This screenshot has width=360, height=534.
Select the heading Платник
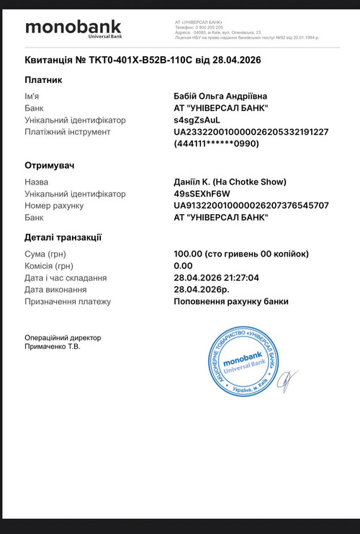tap(43, 79)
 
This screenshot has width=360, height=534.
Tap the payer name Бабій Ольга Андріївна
tap(225, 97)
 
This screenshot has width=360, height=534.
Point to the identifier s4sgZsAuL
tap(197, 120)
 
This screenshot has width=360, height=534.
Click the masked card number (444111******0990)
tap(216, 143)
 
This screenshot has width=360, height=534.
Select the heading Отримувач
tap(50, 165)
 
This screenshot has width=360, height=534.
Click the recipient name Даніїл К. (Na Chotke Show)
tap(230, 182)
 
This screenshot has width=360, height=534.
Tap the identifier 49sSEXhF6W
tap(202, 194)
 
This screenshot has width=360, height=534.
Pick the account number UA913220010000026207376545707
tap(251, 205)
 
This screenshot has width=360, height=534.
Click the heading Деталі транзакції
tap(63, 236)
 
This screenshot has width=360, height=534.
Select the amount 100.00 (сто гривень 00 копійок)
tap(241, 254)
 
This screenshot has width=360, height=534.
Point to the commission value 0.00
tap(184, 266)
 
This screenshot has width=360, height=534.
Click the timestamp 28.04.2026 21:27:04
tap(216, 277)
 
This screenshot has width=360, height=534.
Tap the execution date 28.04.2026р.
tap(204, 290)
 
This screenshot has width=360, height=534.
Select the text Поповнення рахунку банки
tap(231, 301)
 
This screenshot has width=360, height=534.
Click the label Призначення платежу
tap(68, 301)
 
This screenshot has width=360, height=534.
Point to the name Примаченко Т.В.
tap(53, 347)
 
